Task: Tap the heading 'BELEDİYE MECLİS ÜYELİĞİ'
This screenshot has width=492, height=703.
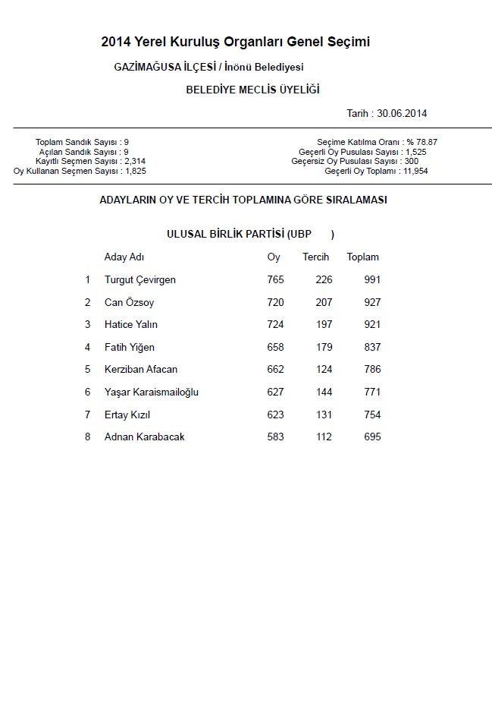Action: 252,90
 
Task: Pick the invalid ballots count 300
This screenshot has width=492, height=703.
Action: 411,162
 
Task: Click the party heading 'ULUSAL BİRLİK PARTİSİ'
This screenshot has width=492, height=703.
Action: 225,234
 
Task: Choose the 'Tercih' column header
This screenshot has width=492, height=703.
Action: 315,257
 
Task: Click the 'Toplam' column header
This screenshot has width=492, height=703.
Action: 362,257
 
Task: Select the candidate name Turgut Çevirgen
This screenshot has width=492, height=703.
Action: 140,280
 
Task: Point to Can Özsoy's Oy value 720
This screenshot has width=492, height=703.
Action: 275,303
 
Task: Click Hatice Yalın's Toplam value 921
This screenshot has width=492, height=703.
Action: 372,325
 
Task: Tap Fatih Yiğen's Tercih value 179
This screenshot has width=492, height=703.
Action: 324,348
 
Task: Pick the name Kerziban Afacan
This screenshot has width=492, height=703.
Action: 141,370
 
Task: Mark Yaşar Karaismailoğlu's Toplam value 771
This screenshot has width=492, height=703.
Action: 372,392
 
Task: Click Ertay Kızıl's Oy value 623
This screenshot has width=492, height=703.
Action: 275,415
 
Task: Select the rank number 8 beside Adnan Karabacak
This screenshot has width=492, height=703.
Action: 87,437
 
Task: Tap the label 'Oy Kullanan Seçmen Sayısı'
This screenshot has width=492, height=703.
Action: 67,172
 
